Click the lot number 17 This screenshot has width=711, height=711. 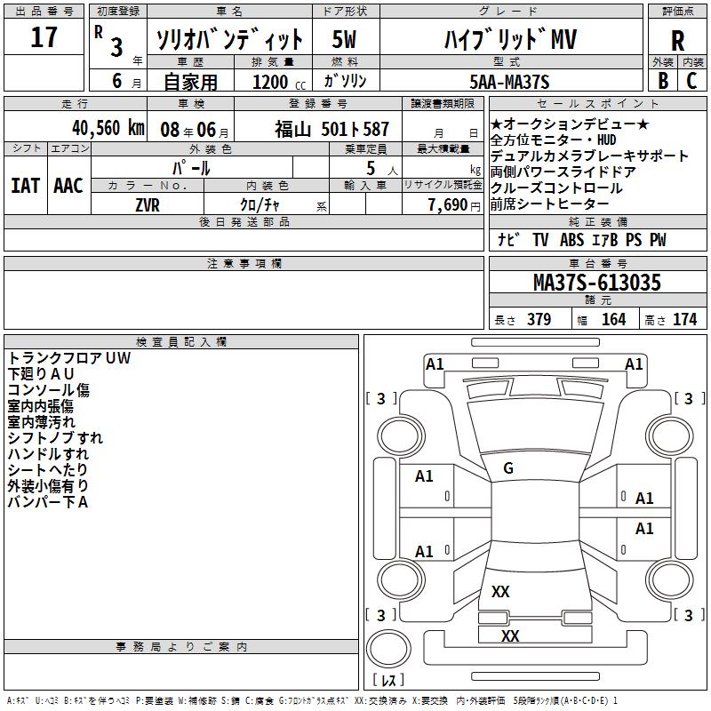(x=44, y=38)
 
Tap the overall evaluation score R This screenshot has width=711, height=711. (x=677, y=40)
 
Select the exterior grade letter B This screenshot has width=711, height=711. (x=662, y=80)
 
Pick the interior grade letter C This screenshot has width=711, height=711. (x=692, y=80)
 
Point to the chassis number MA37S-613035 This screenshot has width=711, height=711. (x=596, y=283)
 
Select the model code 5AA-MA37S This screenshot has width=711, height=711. (x=509, y=82)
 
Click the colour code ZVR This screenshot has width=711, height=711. (x=148, y=204)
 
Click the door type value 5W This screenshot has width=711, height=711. (x=344, y=40)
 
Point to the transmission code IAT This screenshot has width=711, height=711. (x=25, y=185)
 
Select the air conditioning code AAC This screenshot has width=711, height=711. (x=68, y=185)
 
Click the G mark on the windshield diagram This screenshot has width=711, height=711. (x=508, y=468)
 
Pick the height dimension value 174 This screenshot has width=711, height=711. (x=684, y=320)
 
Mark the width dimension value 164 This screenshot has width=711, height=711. (x=613, y=320)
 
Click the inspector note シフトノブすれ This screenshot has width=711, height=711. (x=55, y=438)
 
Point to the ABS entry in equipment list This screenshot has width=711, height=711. (x=571, y=240)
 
